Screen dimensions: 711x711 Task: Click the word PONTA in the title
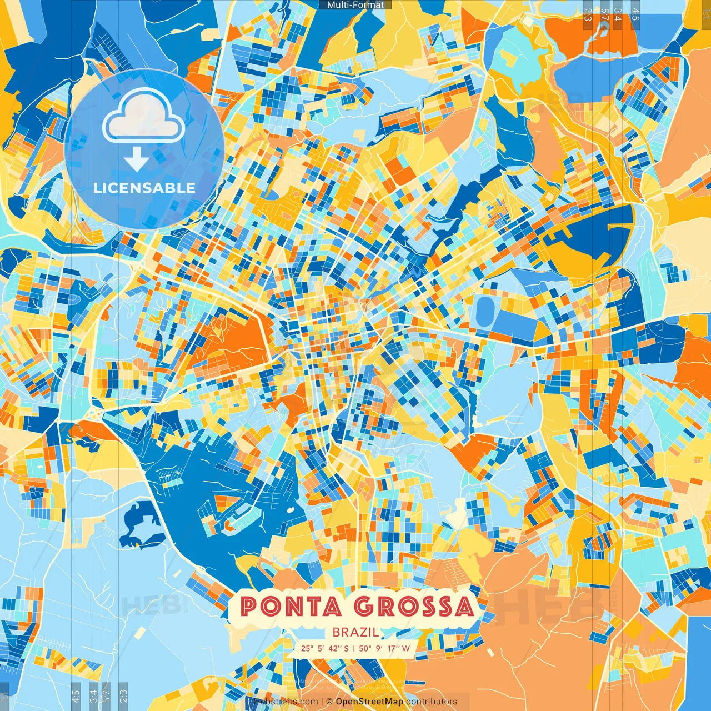pos(291,607)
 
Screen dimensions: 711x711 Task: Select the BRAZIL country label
pos(355,632)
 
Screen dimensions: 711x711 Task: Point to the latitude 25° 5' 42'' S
pos(324,648)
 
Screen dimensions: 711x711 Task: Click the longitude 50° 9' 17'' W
pos(384,648)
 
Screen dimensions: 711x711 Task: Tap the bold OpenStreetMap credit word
pos(369,702)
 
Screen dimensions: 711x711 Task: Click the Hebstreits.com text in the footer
pos(286,702)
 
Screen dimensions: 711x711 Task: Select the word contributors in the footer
pos(432,702)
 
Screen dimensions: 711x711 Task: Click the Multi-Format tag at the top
pos(355,5)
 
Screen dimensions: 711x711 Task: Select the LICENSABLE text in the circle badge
pos(144,188)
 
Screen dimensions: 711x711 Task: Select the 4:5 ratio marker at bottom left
pos(76,695)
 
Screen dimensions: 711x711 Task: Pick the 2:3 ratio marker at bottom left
pos(123,695)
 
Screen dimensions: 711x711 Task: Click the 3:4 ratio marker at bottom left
pos(93,695)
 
